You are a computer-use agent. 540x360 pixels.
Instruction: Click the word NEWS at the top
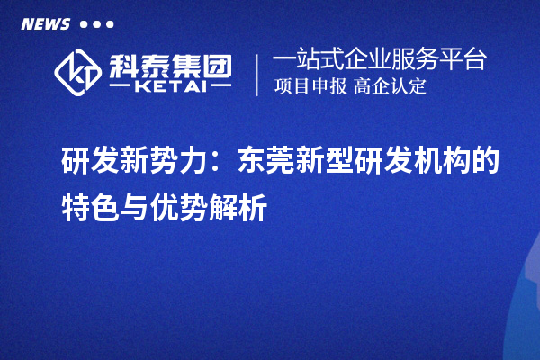(45, 24)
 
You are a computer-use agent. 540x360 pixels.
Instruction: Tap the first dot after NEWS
(84, 24)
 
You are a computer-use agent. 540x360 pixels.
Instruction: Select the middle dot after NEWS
(96, 24)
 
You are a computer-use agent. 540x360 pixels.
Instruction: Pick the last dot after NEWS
(109, 24)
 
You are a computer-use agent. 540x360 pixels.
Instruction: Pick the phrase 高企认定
(390, 87)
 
